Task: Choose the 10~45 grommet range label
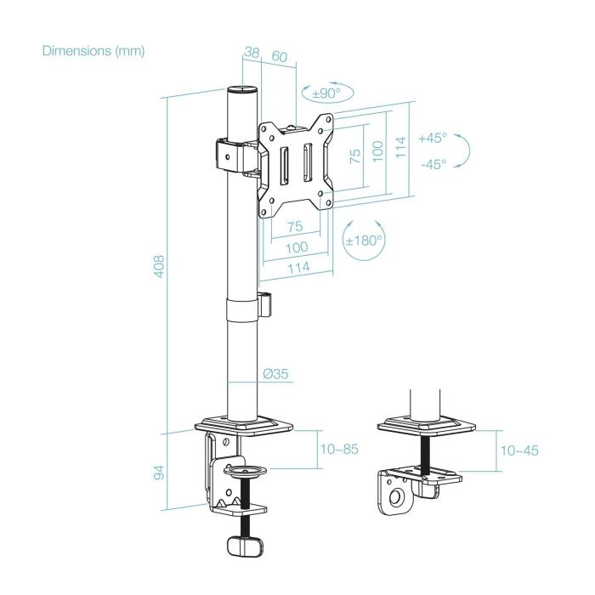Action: pos(518,450)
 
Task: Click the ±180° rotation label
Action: pos(364,240)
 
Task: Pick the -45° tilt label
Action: pos(433,165)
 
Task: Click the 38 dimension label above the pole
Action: pos(251,53)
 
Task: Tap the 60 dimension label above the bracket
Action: pos(279,58)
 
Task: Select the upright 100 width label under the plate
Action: pos(295,247)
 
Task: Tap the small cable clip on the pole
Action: pos(267,303)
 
